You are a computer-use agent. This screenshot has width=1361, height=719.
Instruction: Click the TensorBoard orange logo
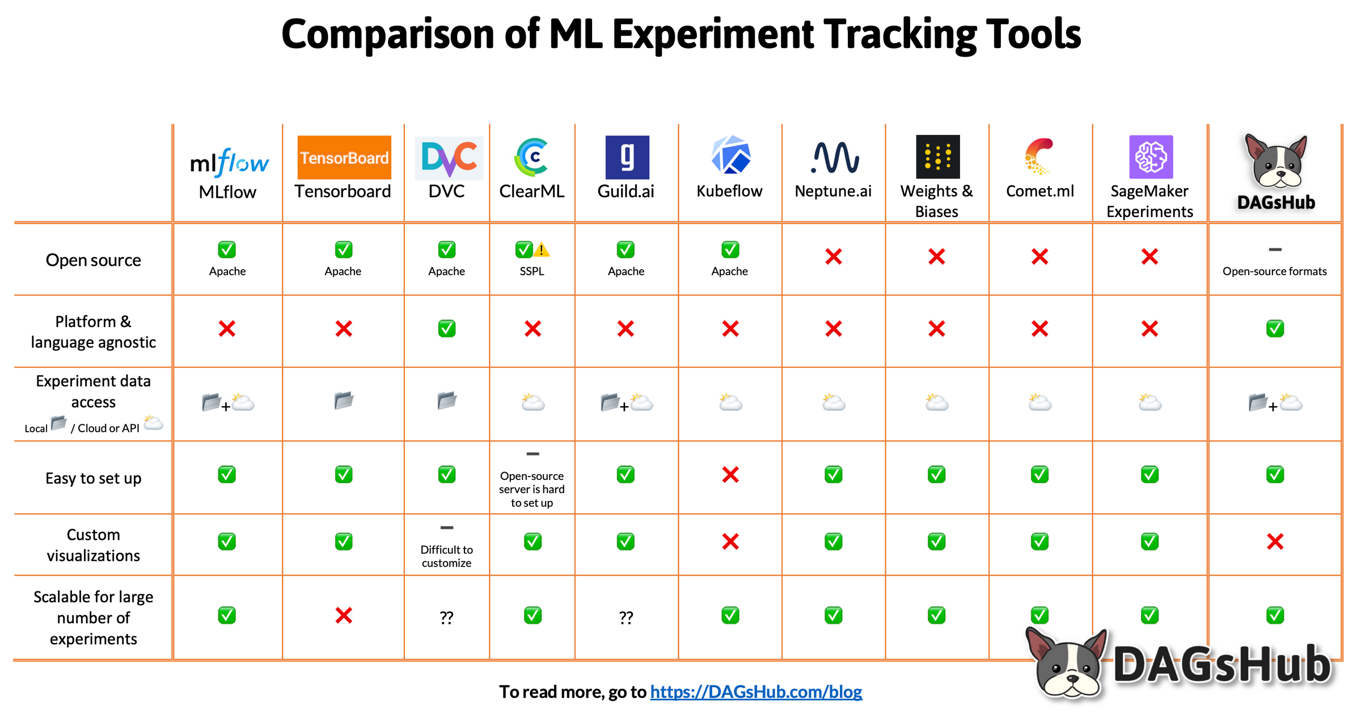[344, 157]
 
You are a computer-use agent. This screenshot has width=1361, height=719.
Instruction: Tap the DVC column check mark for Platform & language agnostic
[447, 329]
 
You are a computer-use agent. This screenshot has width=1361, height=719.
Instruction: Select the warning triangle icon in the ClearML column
[542, 249]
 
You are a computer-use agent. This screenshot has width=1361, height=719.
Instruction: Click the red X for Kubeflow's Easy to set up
[730, 475]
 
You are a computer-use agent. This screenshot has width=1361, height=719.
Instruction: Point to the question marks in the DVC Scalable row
[447, 617]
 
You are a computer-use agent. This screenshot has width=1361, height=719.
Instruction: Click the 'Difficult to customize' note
[447, 556]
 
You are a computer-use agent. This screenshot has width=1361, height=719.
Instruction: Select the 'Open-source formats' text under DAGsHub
[1274, 271]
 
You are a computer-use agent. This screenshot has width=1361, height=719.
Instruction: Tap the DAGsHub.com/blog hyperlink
[756, 692]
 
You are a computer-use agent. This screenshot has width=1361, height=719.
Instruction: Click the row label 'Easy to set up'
[94, 478]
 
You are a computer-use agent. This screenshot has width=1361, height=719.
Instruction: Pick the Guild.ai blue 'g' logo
[627, 157]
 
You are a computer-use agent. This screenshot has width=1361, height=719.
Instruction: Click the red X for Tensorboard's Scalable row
[344, 615]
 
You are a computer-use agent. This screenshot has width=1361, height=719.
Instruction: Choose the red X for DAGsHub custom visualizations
[1275, 542]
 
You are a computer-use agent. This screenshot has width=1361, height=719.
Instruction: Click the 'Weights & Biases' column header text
[936, 201]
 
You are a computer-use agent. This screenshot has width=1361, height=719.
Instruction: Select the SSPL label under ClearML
[532, 271]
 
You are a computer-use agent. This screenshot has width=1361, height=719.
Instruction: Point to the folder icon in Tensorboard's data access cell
[344, 401]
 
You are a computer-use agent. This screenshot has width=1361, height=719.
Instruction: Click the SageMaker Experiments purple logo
[1151, 157]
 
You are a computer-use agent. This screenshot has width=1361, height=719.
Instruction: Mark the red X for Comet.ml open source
[1039, 257]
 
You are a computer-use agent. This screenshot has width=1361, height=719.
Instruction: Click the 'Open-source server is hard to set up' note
[532, 490]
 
